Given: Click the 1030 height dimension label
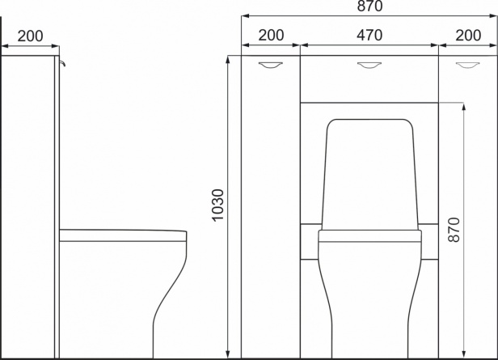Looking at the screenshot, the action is pyautogui.click(x=218, y=205).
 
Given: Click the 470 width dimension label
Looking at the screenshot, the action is pyautogui.click(x=369, y=36).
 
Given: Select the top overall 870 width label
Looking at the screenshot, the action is pyautogui.click(x=369, y=6).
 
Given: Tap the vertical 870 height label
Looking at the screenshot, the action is pyautogui.click(x=454, y=230).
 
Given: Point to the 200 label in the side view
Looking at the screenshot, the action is pyautogui.click(x=30, y=36).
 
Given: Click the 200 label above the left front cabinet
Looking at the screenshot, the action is pyautogui.click(x=271, y=36).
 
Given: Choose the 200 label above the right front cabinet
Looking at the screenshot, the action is pyautogui.click(x=468, y=36).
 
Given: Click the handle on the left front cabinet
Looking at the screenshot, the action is pyautogui.click(x=270, y=65).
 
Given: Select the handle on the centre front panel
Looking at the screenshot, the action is pyautogui.click(x=369, y=65).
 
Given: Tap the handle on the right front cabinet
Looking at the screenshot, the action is pyautogui.click(x=468, y=65).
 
